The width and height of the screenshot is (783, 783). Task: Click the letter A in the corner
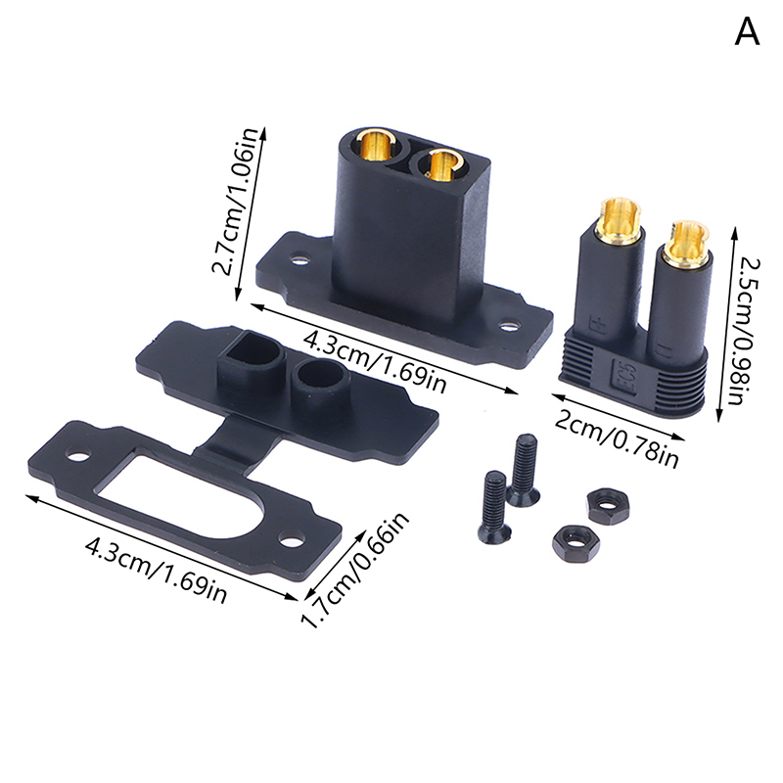[x=747, y=33]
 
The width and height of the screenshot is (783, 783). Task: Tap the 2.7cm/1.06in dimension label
[x=236, y=202]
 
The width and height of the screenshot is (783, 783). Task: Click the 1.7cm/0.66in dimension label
[x=356, y=570]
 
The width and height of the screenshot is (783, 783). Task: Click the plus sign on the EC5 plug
[x=596, y=325]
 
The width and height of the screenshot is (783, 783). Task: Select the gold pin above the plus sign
[x=618, y=219]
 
